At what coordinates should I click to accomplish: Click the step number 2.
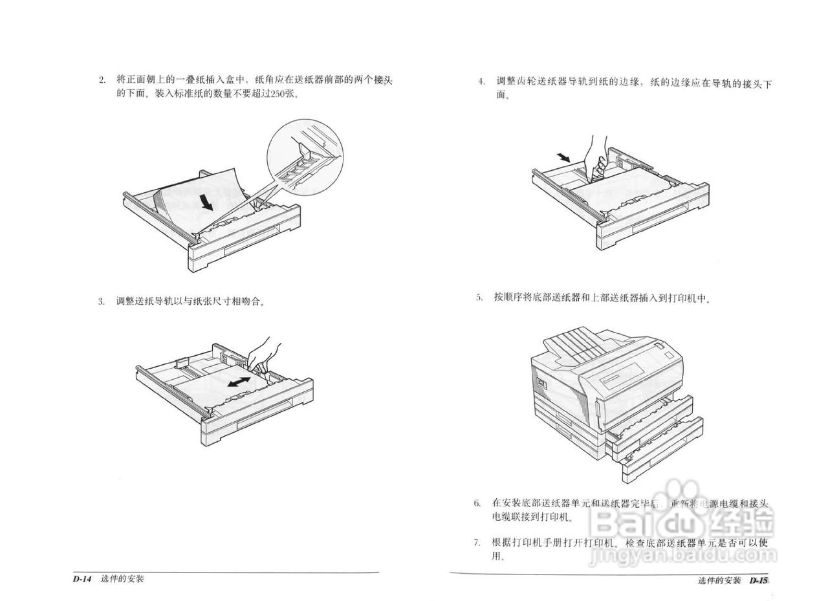[102, 80]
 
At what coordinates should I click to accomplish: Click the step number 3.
[102, 301]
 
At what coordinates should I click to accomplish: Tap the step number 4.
[481, 82]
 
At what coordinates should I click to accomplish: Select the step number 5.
[479, 298]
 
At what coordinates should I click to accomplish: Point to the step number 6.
[477, 503]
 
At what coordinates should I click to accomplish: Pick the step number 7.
[477, 542]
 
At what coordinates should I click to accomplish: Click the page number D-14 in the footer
[83, 579]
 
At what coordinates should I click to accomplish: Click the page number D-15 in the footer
[758, 580]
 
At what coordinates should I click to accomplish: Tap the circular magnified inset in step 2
[305, 158]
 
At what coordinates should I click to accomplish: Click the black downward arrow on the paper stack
[206, 202]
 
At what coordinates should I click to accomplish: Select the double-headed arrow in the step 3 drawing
[239, 382]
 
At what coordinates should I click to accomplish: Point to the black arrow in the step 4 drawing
[563, 157]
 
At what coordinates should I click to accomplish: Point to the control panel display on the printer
[621, 375]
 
